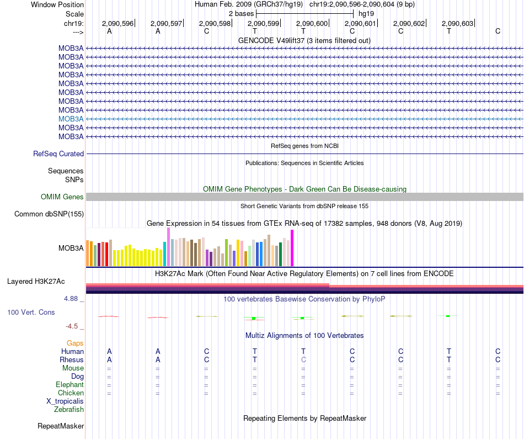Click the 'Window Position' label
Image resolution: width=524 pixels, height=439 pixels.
click(x=57, y=4)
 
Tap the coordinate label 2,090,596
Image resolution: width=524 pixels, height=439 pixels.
click(x=117, y=23)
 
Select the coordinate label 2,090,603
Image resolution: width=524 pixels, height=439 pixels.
click(x=457, y=23)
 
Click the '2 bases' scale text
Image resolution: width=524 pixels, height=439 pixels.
click(x=241, y=13)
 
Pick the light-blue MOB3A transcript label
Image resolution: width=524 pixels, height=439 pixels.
click(x=71, y=119)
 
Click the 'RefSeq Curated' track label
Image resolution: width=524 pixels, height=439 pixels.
click(x=58, y=154)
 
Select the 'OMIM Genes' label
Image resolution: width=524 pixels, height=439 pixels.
click(x=62, y=197)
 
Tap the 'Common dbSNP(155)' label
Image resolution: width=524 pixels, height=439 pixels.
click(x=49, y=214)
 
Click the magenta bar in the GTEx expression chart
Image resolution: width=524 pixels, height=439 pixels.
click(x=292, y=248)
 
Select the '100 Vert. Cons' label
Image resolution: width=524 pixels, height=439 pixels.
click(x=31, y=313)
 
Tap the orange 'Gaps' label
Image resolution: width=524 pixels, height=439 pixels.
click(x=75, y=343)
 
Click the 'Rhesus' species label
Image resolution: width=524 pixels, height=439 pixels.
click(x=71, y=360)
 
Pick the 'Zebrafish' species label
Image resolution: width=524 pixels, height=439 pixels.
click(x=69, y=410)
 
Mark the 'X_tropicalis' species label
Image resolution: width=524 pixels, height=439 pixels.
click(x=65, y=401)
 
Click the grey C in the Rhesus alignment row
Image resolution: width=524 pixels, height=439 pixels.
click(x=303, y=359)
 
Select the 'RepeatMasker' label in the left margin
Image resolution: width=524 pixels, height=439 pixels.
click(x=61, y=426)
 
